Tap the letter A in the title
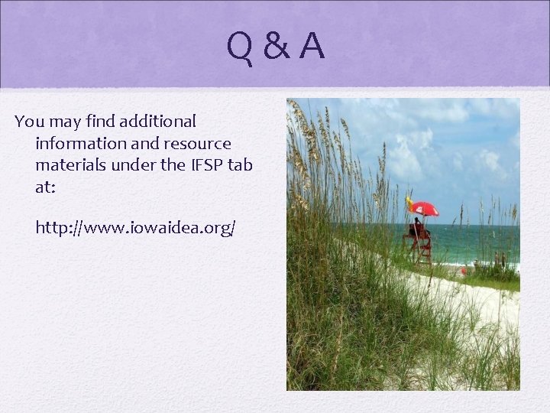(x=311, y=47)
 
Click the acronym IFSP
(x=200, y=164)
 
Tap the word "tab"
(x=240, y=164)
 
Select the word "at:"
(x=44, y=186)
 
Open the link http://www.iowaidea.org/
(x=135, y=228)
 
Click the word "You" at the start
(x=29, y=121)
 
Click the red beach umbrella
(x=424, y=209)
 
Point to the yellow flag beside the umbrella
(x=409, y=203)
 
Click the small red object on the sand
(x=463, y=270)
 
